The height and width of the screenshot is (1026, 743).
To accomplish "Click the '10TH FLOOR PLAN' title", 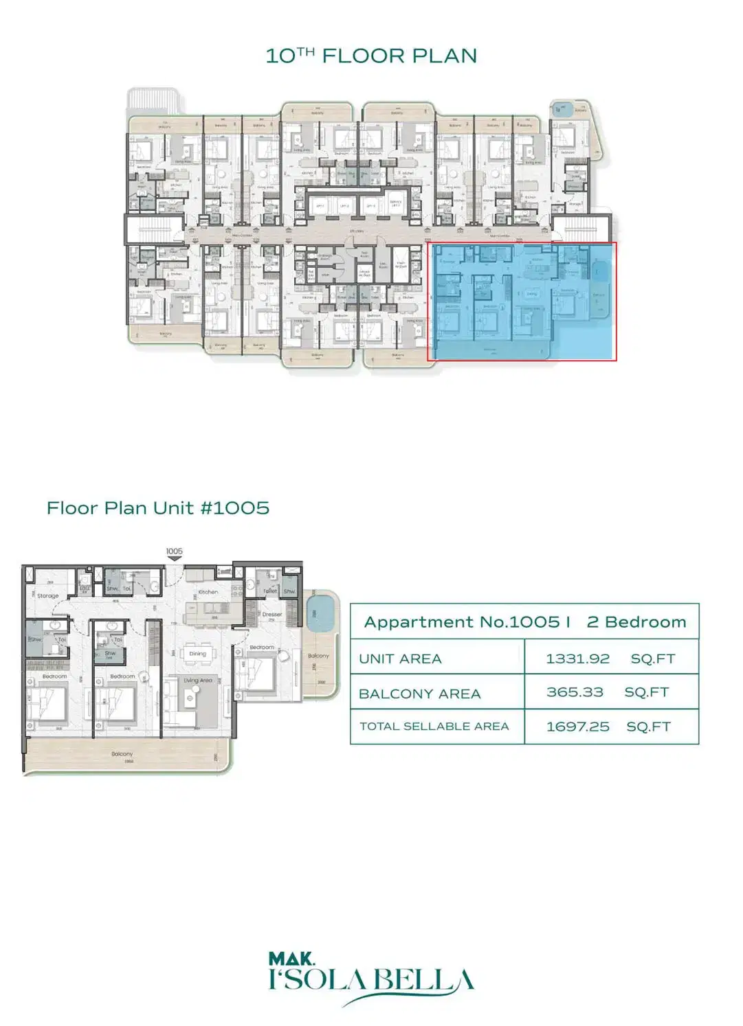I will (371, 56).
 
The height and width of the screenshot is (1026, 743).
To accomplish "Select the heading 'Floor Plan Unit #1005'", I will (158, 508).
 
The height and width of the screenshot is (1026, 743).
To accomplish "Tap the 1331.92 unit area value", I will (577, 659).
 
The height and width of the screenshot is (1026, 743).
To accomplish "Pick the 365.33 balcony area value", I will (575, 692).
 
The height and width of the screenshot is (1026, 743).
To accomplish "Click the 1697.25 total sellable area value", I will (577, 727).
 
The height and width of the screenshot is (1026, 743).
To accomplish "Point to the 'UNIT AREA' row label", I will (400, 659).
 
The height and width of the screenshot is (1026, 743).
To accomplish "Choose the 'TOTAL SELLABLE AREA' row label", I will (434, 727).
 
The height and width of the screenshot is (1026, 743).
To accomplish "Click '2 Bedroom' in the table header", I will (636, 622).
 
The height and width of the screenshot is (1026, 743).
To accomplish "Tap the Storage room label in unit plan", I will (47, 596).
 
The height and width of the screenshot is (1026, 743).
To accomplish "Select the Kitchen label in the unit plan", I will (208, 592).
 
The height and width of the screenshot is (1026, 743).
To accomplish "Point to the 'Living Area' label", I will (198, 681).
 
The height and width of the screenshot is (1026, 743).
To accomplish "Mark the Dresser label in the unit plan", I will (271, 615).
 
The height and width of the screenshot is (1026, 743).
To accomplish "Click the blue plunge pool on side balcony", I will (319, 611).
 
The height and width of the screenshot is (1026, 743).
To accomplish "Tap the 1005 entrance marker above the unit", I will (175, 551).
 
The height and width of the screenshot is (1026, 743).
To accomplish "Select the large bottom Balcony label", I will (122, 754).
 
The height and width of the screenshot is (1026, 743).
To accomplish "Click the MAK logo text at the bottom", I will (291, 959).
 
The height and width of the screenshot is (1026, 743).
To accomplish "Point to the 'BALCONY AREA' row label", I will (419, 694).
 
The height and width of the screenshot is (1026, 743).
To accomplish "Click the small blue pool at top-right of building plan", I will (563, 109).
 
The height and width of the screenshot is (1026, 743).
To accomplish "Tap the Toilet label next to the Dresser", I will (270, 591).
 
